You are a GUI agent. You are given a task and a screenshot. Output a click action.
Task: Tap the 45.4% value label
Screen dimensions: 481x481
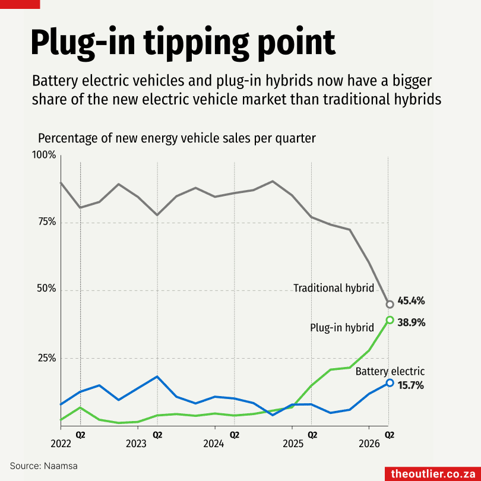411,301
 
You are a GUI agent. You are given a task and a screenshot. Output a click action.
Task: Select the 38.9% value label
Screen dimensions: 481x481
412,322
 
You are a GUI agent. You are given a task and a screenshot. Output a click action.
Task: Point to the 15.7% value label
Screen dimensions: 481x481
410,385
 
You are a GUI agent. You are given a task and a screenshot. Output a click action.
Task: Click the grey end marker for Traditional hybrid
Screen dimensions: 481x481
390,304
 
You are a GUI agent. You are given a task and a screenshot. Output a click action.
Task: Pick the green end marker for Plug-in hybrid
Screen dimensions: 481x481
390,320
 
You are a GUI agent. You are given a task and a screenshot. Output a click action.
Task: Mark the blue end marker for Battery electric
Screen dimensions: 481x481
390,382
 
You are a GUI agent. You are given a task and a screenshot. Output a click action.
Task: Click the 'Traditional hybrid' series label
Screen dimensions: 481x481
334,288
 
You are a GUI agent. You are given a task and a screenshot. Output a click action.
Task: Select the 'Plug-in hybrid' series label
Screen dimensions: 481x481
342,328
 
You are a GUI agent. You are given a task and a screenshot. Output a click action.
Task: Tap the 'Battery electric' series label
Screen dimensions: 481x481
390,372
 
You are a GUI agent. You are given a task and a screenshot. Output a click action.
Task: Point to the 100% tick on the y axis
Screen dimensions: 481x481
44,155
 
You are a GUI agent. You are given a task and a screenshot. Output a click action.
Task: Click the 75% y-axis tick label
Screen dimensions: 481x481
48,221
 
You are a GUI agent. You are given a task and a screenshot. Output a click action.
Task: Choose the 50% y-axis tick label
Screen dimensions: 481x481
47,289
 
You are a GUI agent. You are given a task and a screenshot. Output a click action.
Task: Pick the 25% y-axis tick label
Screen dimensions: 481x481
47,358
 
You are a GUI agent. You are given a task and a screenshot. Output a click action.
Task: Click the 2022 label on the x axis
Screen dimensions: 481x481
61,444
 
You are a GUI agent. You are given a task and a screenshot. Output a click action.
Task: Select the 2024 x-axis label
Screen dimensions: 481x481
214,444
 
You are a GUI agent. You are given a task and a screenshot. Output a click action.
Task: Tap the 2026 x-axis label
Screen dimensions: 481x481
369,444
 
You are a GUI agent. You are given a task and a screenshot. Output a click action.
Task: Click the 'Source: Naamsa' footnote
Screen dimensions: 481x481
43,466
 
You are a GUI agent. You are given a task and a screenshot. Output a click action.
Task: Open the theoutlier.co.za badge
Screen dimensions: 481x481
433,474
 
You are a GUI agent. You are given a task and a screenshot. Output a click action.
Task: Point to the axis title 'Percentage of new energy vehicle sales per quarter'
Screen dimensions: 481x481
177,138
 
